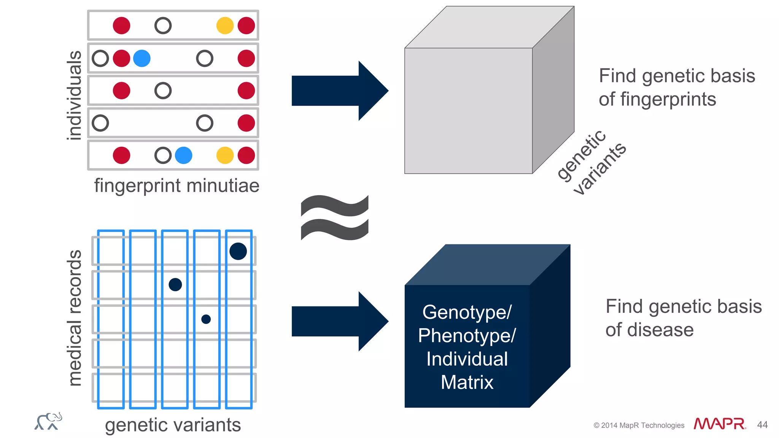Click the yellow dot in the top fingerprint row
click(x=225, y=26)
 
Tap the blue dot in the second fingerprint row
click(x=142, y=59)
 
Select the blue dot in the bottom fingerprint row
click(x=184, y=156)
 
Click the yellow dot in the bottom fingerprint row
click(x=225, y=156)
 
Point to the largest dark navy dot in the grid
click(x=238, y=251)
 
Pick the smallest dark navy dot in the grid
click(x=206, y=319)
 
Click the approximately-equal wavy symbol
click(x=335, y=217)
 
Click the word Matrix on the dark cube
click(x=467, y=382)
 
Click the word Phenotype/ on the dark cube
click(x=467, y=336)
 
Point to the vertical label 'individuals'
click(x=74, y=95)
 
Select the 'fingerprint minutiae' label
click(x=177, y=186)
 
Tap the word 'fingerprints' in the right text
click(x=668, y=100)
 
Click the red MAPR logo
click(x=719, y=424)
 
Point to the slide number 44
click(x=762, y=425)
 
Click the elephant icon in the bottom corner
click(x=48, y=421)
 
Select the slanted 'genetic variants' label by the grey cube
click(x=591, y=162)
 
